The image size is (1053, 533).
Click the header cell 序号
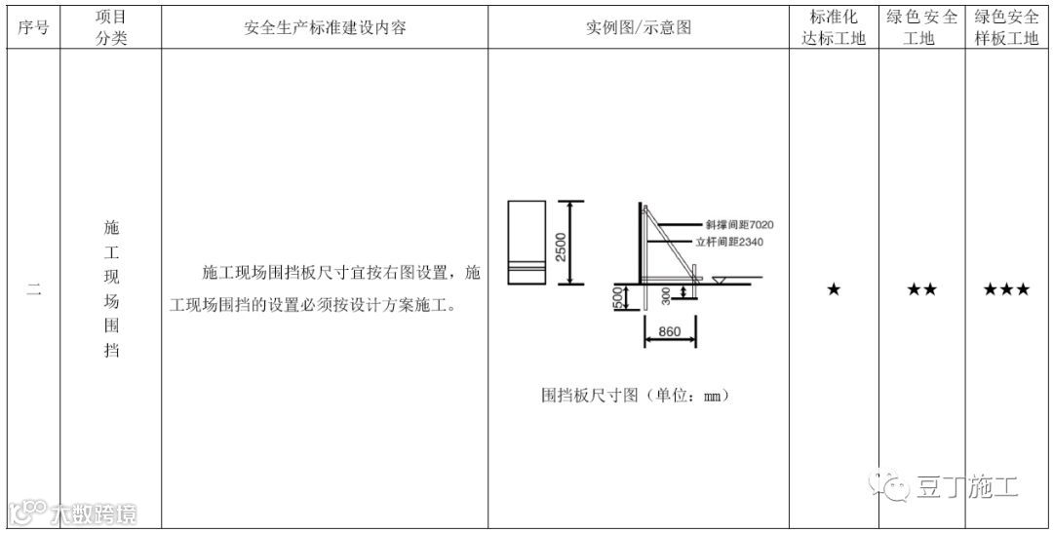33,28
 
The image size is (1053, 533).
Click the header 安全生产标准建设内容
324,28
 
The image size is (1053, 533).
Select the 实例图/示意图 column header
639,28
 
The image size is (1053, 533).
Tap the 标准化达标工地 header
834,28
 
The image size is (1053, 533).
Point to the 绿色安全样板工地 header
1007,28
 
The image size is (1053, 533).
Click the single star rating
834,289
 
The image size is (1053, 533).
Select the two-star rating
921,289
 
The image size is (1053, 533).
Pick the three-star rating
1007,289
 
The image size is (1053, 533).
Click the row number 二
33,289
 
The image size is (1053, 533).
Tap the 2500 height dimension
560,243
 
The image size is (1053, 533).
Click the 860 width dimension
669,331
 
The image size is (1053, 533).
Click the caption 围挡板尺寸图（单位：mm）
636,396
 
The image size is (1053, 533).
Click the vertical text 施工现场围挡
111,289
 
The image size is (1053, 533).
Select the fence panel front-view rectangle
526,243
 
